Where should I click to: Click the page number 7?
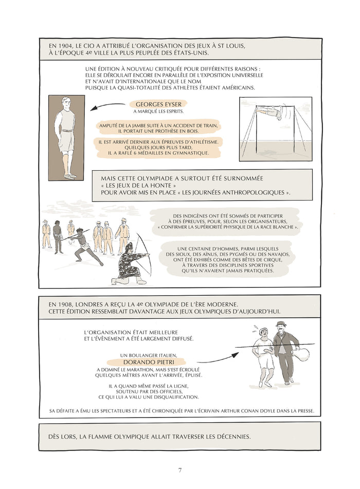pos(180,470)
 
